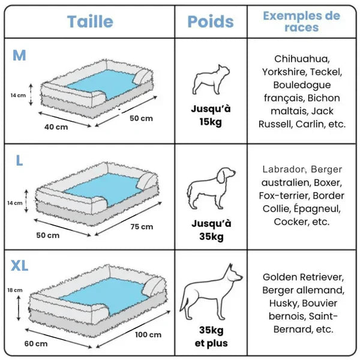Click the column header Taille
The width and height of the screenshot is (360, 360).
[90, 22]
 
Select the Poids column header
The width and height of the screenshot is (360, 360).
[211, 22]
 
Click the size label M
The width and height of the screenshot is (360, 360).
[19, 55]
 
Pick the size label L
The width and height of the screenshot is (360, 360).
[19, 161]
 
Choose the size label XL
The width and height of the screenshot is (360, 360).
[20, 266]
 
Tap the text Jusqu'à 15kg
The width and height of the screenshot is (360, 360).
[211, 115]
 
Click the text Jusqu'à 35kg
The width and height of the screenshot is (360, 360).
[211, 230]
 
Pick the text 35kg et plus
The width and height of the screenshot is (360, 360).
[211, 337]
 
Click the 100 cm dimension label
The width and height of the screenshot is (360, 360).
[148, 334]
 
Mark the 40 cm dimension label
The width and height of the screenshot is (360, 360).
[56, 127]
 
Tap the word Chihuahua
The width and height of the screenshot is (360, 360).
[302, 59]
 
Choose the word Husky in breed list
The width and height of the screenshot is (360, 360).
[280, 303]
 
